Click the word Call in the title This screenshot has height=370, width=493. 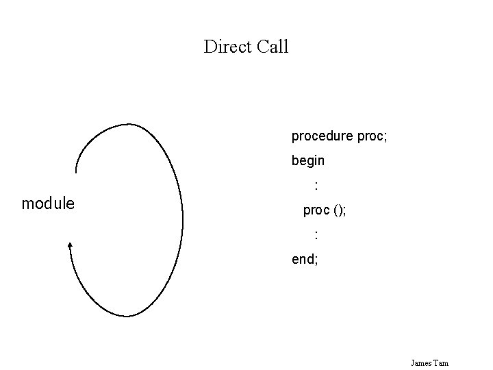273,47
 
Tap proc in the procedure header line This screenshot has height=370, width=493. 370,136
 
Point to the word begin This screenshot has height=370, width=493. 308,162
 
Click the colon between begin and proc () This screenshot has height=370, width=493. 316,184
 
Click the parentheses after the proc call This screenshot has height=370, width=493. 338,211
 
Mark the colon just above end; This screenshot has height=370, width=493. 316,235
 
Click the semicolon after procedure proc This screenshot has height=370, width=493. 386,137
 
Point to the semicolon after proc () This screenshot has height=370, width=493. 344,212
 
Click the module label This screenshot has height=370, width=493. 49,203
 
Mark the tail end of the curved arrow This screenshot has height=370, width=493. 76,172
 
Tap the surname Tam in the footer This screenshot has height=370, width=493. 440,362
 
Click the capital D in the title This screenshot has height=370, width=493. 210,47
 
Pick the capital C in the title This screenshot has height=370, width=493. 263,47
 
